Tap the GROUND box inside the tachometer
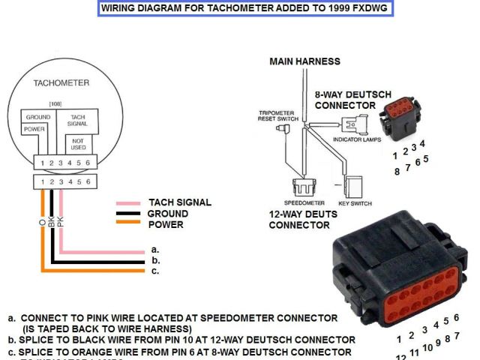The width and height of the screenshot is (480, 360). click(x=37, y=118)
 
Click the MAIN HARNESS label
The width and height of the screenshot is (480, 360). click(x=304, y=61)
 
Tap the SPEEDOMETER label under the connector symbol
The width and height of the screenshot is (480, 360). click(x=304, y=202)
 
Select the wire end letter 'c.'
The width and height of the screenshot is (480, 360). click(x=155, y=271)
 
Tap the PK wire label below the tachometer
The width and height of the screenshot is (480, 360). click(x=61, y=223)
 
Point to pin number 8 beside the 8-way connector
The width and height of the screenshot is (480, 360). click(x=397, y=171)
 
